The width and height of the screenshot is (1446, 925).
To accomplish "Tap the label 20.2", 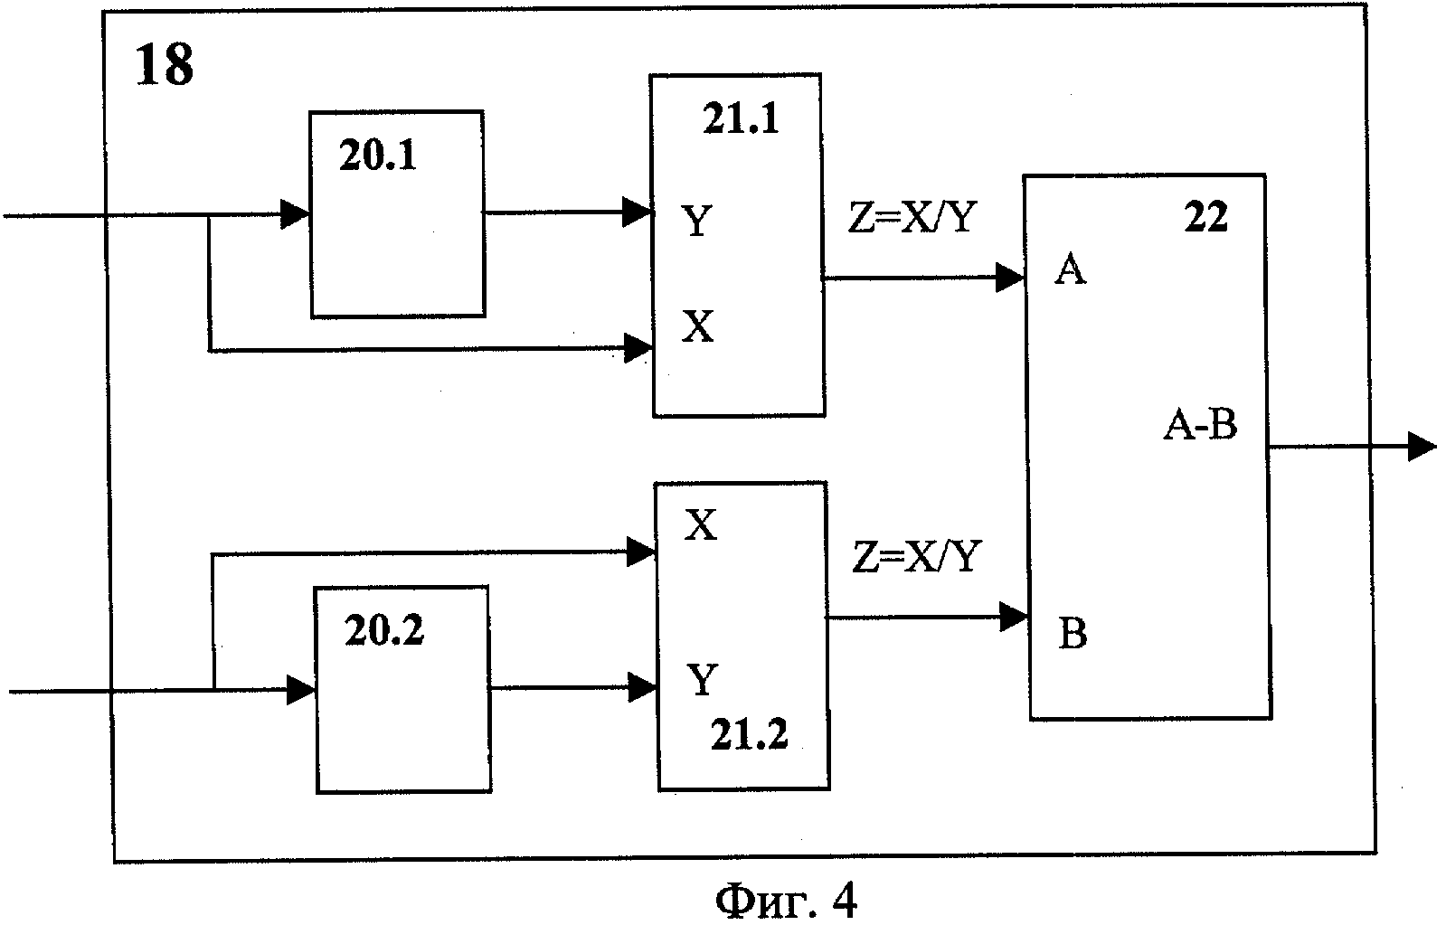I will [x=383, y=631].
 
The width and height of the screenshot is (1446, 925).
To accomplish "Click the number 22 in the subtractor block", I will [x=1205, y=218].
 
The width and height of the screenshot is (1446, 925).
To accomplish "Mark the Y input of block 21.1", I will [x=696, y=221].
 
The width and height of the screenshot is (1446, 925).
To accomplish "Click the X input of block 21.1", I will [x=697, y=327].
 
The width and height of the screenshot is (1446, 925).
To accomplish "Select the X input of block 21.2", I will [x=699, y=525].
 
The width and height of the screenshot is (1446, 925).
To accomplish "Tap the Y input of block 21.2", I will [x=703, y=680].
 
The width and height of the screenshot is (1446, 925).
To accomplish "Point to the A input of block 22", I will [x=1070, y=270].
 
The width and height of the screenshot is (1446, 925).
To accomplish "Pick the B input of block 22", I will [x=1073, y=635].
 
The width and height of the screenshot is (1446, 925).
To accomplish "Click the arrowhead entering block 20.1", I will [x=295, y=214].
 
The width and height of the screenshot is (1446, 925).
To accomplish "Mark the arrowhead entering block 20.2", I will [x=300, y=692].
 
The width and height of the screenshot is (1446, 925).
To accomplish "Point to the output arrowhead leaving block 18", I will [x=1422, y=447].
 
